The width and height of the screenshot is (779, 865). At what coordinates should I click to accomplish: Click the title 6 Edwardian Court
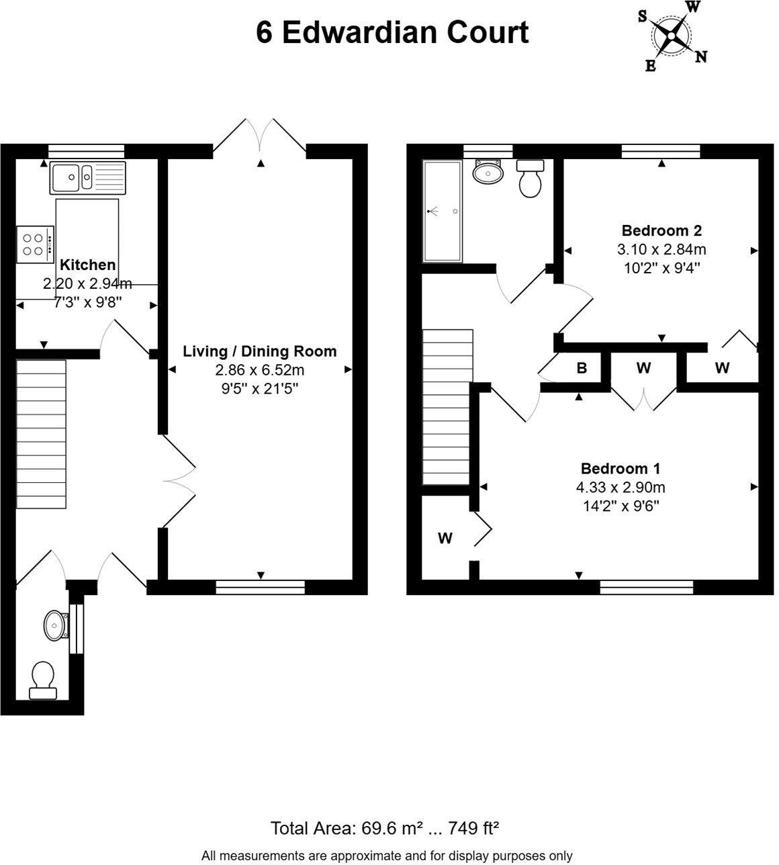[392, 32]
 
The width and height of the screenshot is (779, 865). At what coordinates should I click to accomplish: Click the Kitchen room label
[87, 265]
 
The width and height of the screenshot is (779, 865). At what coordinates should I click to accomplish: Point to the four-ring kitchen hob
[35, 244]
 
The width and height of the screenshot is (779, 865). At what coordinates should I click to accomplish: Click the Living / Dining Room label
[259, 351]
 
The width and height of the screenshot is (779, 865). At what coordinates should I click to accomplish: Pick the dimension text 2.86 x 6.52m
[259, 370]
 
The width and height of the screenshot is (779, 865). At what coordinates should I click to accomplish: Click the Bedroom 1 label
[621, 468]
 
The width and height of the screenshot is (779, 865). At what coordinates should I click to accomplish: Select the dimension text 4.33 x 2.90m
[621, 488]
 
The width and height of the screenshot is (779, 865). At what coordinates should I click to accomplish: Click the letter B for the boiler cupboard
[582, 368]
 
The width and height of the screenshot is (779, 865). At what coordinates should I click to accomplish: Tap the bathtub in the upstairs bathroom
[442, 212]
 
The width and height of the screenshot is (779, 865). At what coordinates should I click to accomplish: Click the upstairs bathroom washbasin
[488, 172]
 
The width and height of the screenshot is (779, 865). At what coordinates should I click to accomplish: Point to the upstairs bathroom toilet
[530, 178]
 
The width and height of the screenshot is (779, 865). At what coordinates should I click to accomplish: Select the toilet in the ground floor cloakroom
[43, 678]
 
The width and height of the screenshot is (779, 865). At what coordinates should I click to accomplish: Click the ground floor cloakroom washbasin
[55, 626]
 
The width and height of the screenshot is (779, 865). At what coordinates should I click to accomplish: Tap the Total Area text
[384, 828]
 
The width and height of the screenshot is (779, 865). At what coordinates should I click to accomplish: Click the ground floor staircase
[42, 435]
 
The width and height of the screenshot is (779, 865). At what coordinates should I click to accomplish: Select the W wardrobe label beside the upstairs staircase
[445, 538]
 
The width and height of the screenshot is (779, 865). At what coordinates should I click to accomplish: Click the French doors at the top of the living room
[260, 138]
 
